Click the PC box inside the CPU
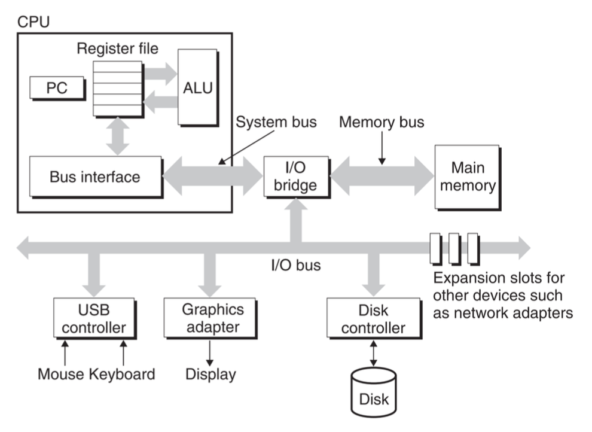point(57,88)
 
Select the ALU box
point(198,87)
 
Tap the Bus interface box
point(96,177)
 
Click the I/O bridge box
point(297,177)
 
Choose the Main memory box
point(468,177)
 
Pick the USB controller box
point(94,318)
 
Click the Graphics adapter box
point(210,318)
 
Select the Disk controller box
point(374,318)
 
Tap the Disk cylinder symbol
point(373,393)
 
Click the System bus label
point(276,122)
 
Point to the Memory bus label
point(382,122)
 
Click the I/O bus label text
point(296,265)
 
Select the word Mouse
point(61,374)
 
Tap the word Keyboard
point(122,374)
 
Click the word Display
point(210,374)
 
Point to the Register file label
point(117,48)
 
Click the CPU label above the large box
point(33,22)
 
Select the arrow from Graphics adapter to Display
point(210,353)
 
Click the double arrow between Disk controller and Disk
point(373,354)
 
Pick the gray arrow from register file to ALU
point(160,74)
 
